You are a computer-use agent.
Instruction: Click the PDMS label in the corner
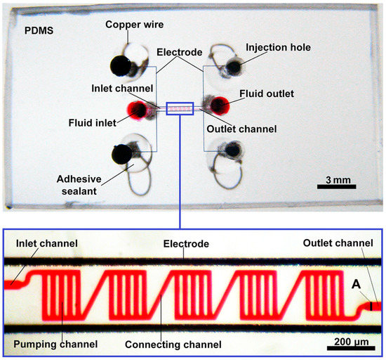pyautogui.click(x=34, y=32)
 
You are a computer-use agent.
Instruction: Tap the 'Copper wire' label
pyautogui.click(x=134, y=25)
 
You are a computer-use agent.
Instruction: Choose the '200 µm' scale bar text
pyautogui.click(x=348, y=344)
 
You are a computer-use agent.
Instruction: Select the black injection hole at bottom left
pyautogui.click(x=124, y=152)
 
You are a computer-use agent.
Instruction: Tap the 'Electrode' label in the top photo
pyautogui.click(x=180, y=51)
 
